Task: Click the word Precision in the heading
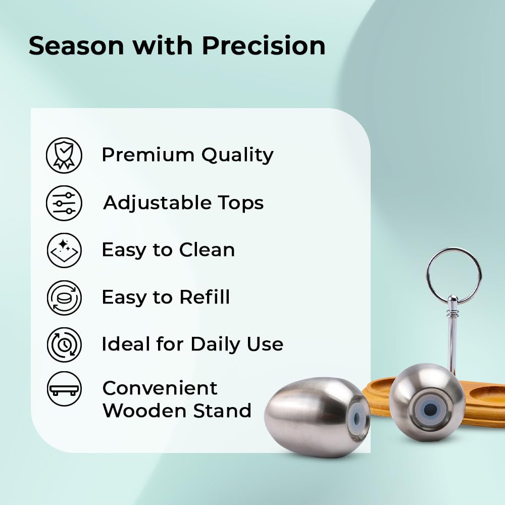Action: (264, 45)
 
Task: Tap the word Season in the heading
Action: (76, 46)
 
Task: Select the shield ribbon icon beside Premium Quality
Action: (64, 155)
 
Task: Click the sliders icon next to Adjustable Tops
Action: (64, 203)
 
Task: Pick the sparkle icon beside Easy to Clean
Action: (64, 250)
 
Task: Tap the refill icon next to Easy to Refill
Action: (64, 297)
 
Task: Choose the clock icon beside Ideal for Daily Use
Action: (64, 344)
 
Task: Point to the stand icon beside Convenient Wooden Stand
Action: (64, 389)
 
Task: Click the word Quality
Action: (237, 156)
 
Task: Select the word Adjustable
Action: (157, 203)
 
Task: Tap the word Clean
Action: (207, 250)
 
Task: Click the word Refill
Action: (205, 296)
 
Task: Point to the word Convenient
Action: (160, 388)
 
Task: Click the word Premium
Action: (148, 155)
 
